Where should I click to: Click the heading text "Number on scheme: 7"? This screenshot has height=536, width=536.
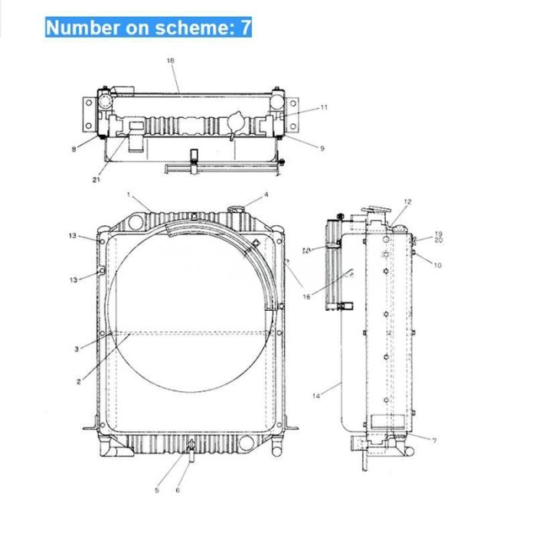(149, 28)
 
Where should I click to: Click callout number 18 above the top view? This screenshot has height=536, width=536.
(170, 60)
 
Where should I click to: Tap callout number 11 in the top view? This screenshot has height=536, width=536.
(324, 108)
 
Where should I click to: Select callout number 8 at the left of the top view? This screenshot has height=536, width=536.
(74, 149)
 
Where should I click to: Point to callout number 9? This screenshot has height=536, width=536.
(322, 149)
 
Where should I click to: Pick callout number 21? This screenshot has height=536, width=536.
(96, 181)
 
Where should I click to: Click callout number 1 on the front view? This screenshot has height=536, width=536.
(129, 195)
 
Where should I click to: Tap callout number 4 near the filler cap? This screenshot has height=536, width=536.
(266, 194)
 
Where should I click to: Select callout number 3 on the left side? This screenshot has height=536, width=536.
(77, 349)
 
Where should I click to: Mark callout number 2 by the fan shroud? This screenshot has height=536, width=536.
(79, 380)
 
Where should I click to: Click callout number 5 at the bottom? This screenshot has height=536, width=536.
(157, 489)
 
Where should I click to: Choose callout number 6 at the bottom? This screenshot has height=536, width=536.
(178, 490)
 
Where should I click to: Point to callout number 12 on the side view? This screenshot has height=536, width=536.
(408, 201)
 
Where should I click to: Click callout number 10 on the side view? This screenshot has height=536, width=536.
(438, 265)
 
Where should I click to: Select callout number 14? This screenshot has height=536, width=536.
(317, 394)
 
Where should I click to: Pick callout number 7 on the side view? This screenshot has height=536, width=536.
(434, 441)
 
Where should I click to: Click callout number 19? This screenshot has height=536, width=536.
(439, 234)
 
